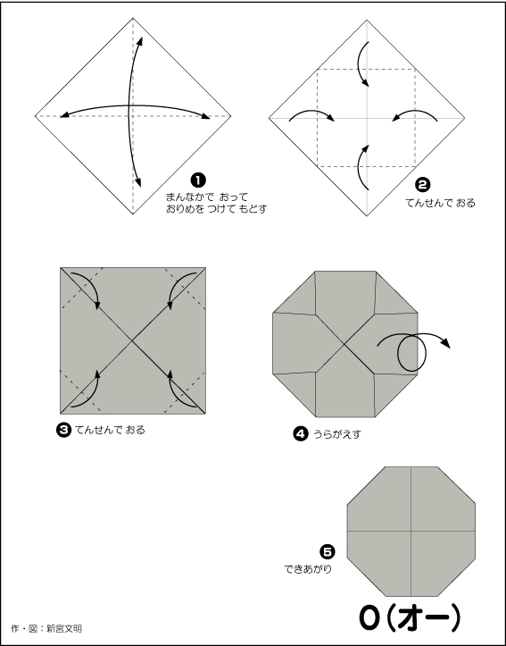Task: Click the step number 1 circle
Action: click(198, 180)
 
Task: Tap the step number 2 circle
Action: click(423, 185)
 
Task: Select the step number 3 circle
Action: click(63, 430)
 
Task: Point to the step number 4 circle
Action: click(301, 434)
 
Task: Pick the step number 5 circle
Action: click(328, 551)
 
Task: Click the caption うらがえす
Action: click(337, 434)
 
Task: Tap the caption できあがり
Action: click(308, 569)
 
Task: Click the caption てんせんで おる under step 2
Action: click(440, 203)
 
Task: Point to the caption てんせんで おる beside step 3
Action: click(110, 430)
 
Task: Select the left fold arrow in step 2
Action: click(311, 112)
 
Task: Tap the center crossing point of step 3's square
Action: click(132, 340)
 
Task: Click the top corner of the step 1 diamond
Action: click(133, 18)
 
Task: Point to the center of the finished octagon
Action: click(411, 531)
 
